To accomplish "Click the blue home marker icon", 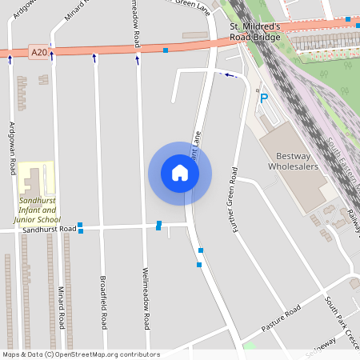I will tap(180, 173).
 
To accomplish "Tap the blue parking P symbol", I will tap(263, 98).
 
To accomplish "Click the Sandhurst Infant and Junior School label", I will tap(38, 210).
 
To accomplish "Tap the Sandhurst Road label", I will tap(50, 230).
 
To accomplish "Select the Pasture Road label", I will tap(281, 318).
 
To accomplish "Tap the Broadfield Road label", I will tap(103, 302).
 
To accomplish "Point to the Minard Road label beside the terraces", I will tap(61, 308).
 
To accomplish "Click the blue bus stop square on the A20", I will tap(166, 50).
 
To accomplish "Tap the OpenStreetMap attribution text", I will tap(81, 354).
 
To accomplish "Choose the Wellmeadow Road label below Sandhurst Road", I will tap(146, 298).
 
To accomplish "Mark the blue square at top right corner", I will tap(349, 18).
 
